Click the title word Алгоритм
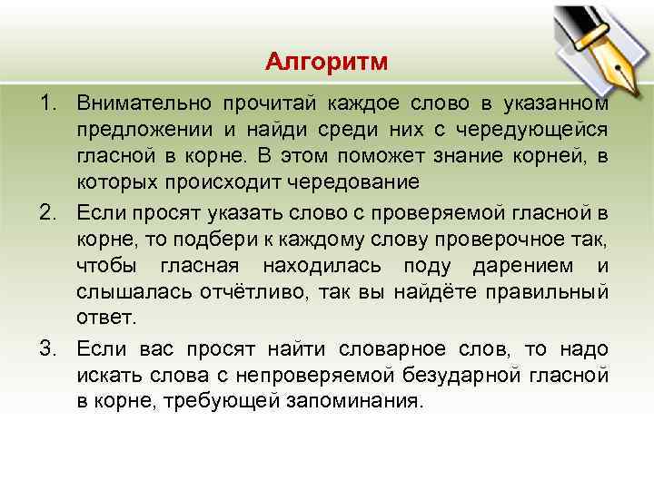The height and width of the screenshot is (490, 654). tap(327, 62)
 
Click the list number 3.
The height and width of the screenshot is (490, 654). tap(49, 348)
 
